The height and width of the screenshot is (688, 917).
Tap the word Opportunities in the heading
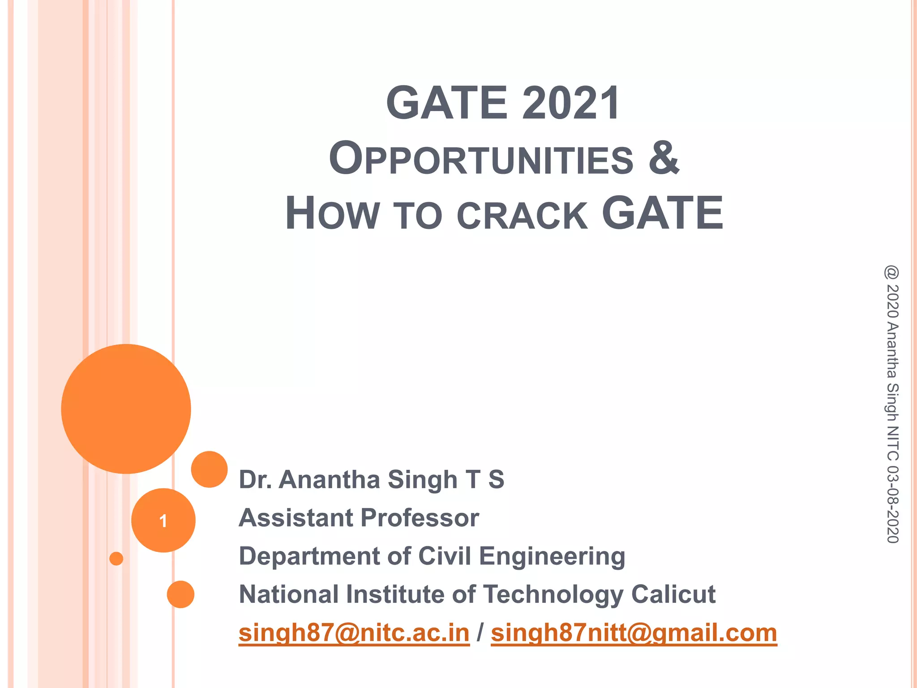click(481, 159)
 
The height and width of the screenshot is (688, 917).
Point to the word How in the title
click(332, 214)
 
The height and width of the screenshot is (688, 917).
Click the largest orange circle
click(126, 408)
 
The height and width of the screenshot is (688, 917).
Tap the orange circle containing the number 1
click(163, 520)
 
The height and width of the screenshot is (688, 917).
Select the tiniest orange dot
click(116, 559)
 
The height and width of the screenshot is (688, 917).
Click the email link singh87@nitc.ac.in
click(354, 632)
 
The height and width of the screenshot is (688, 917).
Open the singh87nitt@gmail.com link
click(634, 632)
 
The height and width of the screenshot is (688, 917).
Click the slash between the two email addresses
click(480, 632)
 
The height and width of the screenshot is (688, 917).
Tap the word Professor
click(420, 518)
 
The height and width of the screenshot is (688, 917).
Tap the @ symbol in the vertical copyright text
click(891, 272)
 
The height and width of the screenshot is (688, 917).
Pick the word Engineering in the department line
click(552, 556)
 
